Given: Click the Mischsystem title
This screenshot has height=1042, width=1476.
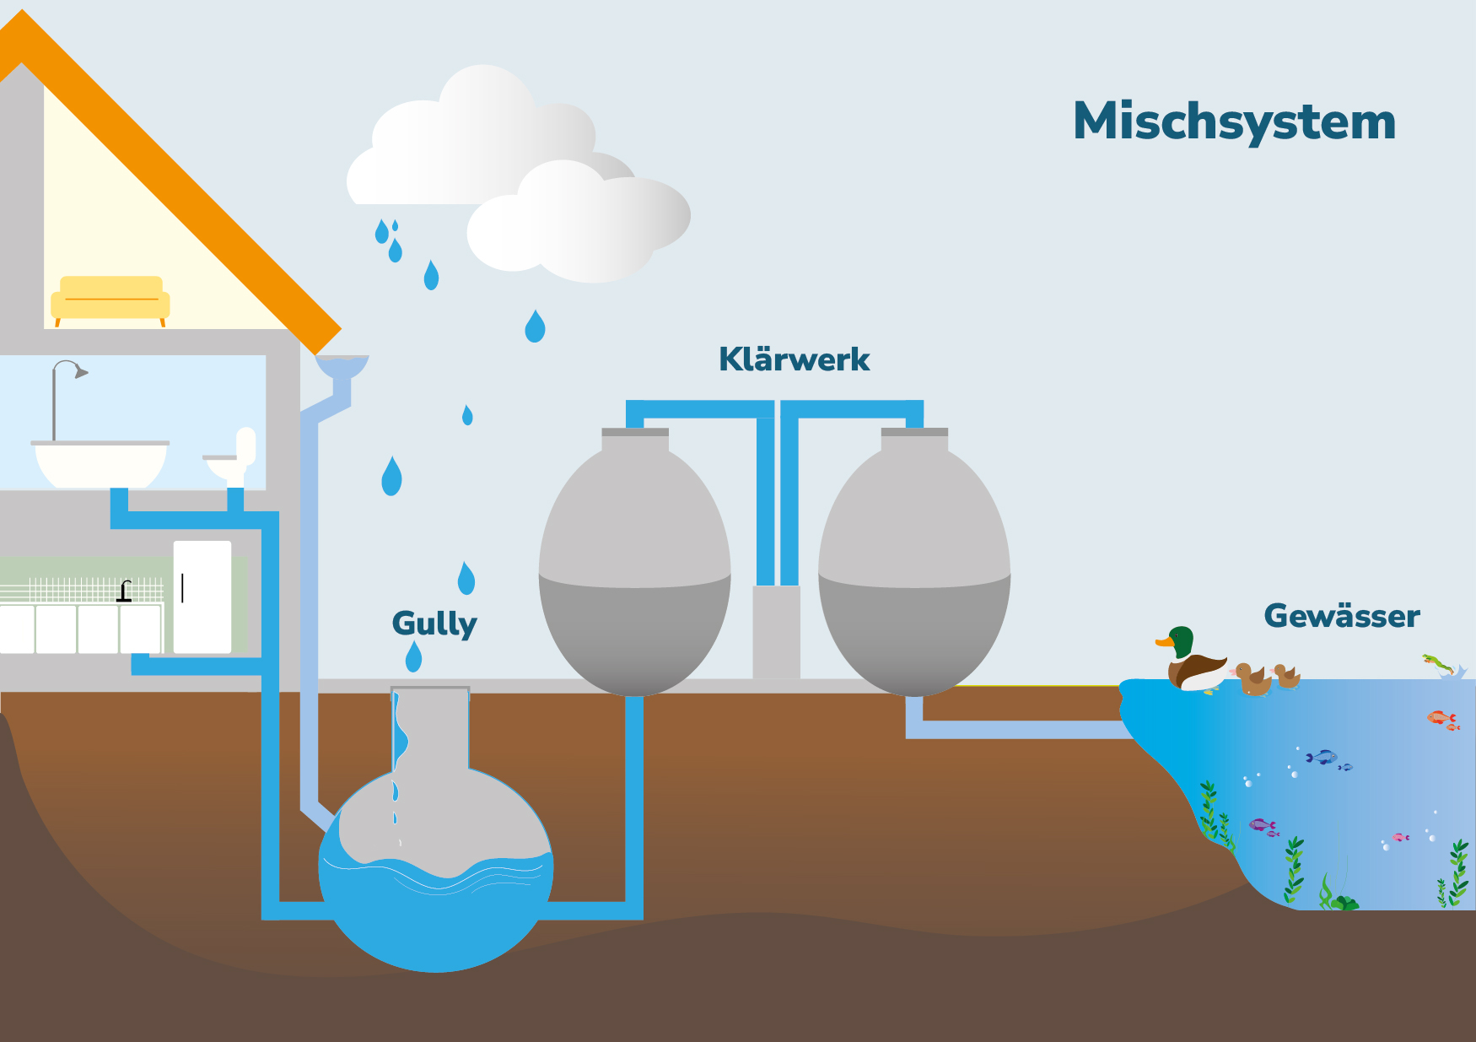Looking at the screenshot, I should point(1234,122).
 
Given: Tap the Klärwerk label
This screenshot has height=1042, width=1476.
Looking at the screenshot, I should point(794,359).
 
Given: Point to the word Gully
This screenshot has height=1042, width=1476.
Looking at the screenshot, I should point(434,624).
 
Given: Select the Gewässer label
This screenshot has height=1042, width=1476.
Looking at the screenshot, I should point(1341,616).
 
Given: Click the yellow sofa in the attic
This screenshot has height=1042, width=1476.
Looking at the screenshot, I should point(110,300).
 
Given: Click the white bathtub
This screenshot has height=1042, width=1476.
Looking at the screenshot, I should point(100,464).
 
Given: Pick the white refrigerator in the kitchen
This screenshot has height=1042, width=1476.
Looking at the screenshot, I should point(202,597).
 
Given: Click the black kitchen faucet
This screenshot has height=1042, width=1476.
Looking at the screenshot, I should point(125,591).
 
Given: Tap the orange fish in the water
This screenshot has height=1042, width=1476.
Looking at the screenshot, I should point(1441,718).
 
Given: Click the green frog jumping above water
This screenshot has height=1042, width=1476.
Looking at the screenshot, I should point(1436,662).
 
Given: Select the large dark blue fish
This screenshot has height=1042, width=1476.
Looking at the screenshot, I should point(1322,757).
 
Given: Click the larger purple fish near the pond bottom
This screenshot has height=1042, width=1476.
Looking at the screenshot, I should point(1262,824).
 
